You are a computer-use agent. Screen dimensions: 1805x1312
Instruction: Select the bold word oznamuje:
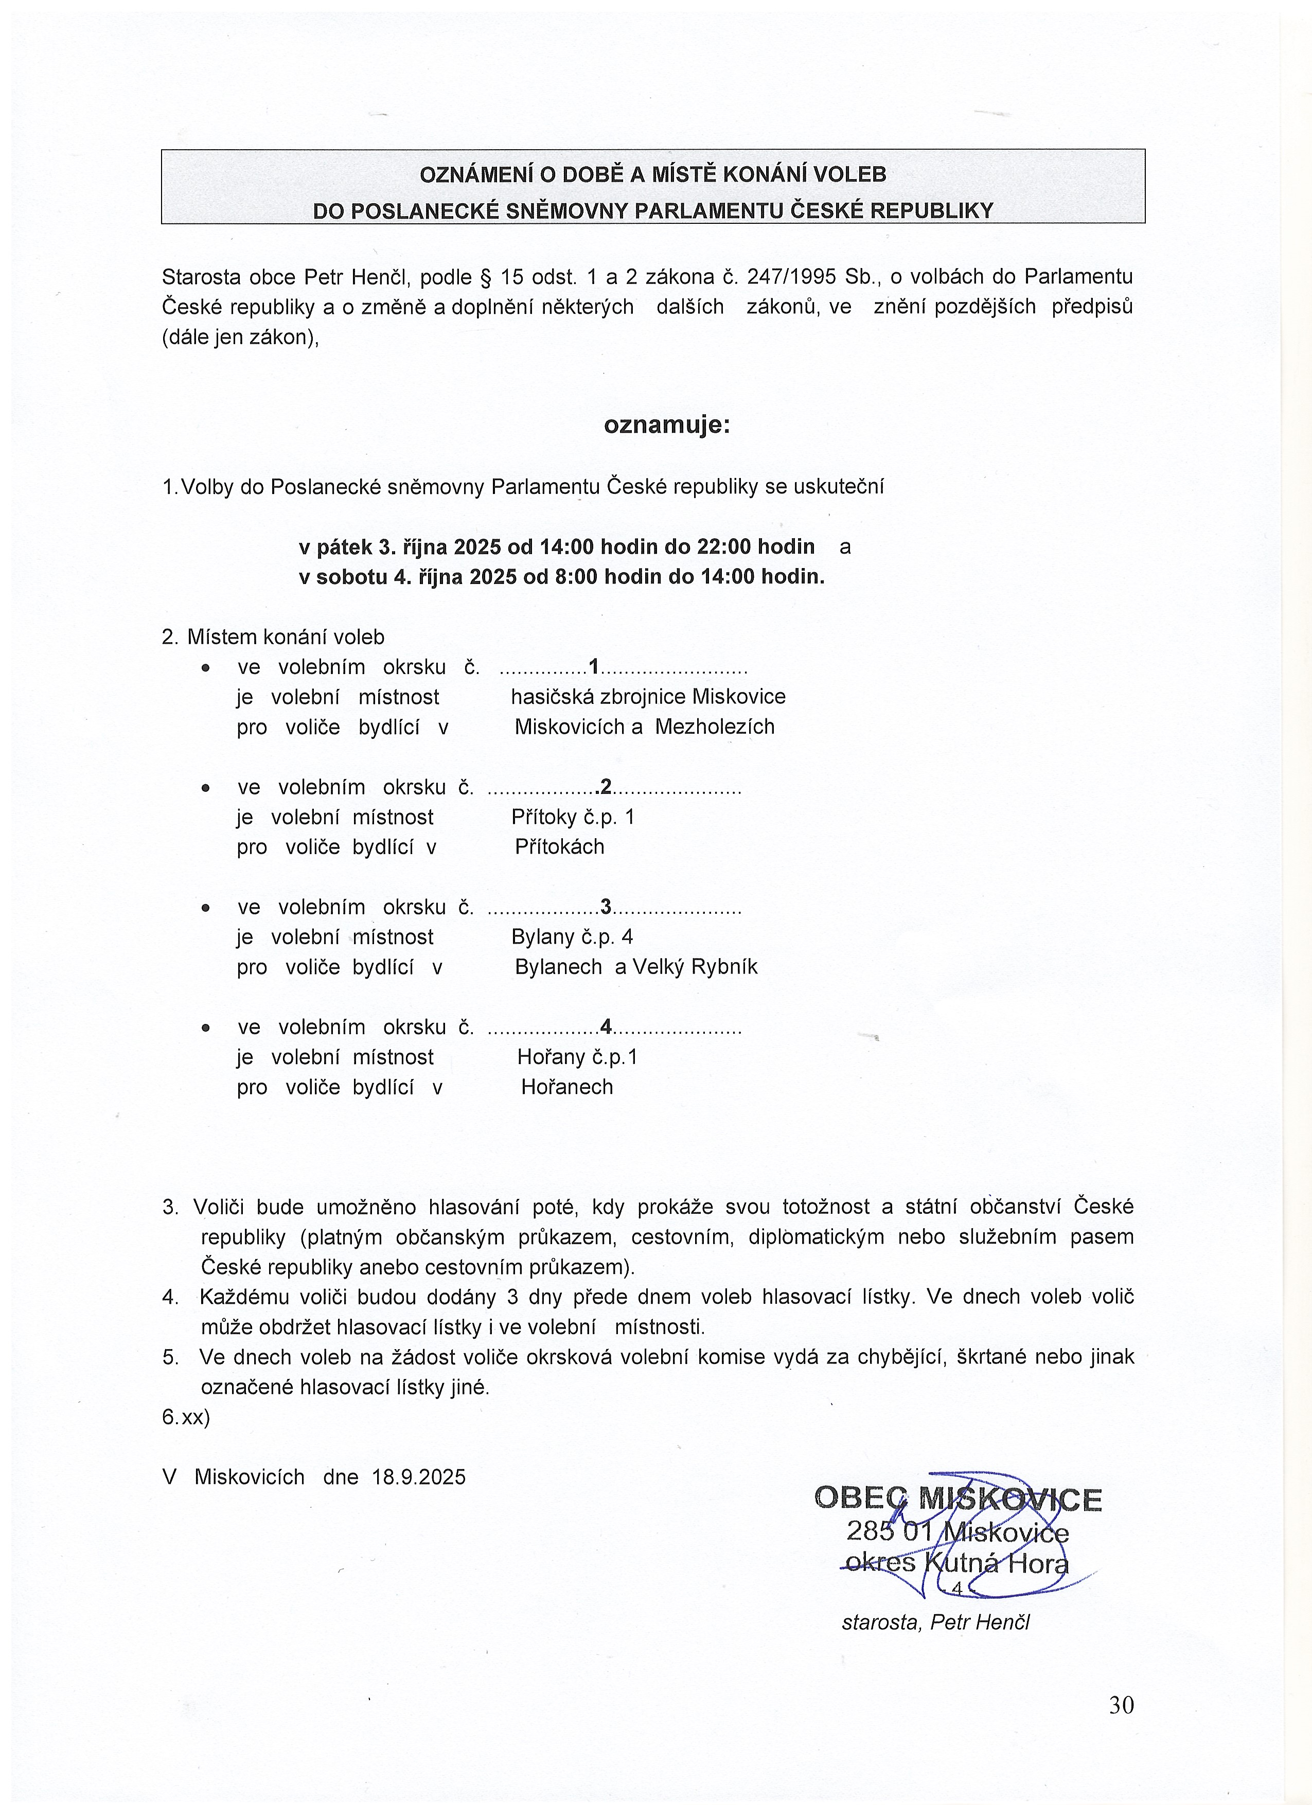point(667,425)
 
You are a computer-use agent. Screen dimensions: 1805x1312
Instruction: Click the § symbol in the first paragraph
point(484,277)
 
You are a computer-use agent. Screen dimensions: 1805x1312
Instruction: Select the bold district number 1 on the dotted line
point(594,666)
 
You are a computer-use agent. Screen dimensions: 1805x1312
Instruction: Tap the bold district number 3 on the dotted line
point(606,907)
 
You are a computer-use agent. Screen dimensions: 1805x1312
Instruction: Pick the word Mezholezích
point(715,727)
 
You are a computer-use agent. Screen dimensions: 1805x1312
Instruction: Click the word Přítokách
point(559,847)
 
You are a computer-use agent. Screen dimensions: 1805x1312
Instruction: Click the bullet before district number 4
point(206,1028)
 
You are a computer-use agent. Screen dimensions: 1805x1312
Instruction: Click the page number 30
point(1121,1705)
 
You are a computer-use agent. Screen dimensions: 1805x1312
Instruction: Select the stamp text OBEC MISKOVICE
point(958,1499)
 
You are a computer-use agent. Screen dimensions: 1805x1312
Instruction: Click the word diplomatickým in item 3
point(817,1237)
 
